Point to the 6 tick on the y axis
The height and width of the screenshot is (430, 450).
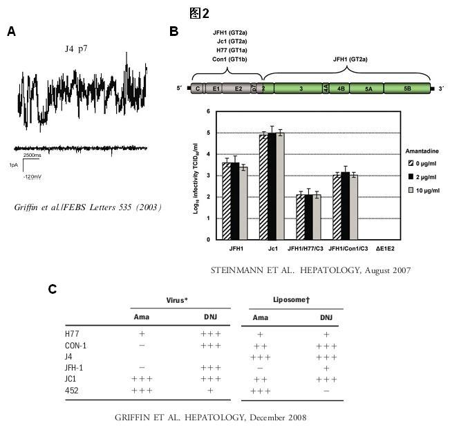pyautogui.click(x=208, y=111)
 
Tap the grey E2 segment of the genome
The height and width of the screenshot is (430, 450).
pyautogui.click(x=238, y=88)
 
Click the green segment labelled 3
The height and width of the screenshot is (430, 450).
pyautogui.click(x=301, y=88)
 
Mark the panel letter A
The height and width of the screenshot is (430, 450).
pyautogui.click(x=11, y=31)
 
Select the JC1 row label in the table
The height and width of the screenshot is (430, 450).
pyautogui.click(x=72, y=379)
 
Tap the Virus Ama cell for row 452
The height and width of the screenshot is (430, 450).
pyautogui.click(x=141, y=391)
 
